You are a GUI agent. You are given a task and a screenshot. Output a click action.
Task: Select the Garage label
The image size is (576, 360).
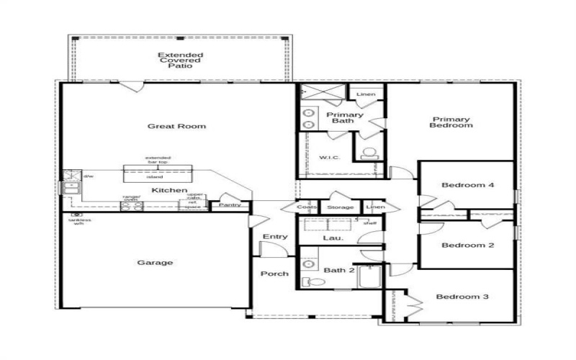coord(155,263)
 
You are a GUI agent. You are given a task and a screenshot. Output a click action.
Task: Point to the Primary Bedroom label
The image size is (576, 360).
coord(451,122)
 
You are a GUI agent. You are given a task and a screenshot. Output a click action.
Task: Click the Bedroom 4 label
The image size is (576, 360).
coord(467,185)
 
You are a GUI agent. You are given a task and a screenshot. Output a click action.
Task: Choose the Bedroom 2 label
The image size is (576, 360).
coord(467,245)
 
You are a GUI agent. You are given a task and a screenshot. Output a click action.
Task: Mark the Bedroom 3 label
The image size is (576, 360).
coord(462,297)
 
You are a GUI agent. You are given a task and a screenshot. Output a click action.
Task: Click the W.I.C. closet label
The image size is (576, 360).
coord(329,157)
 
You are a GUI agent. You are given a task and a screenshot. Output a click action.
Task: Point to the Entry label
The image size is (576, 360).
coord(275,237)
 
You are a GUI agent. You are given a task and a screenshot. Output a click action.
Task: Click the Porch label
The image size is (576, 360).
coord(274,274)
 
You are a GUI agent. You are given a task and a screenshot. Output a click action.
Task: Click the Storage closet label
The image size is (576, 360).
coord(341,207)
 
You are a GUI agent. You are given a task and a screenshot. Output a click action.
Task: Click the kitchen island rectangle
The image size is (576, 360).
coord(158,173)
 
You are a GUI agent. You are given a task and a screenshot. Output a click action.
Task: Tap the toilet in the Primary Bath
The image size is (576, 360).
coord(370,153)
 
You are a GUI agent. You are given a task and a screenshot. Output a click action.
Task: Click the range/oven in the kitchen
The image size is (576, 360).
coord(132,204)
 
